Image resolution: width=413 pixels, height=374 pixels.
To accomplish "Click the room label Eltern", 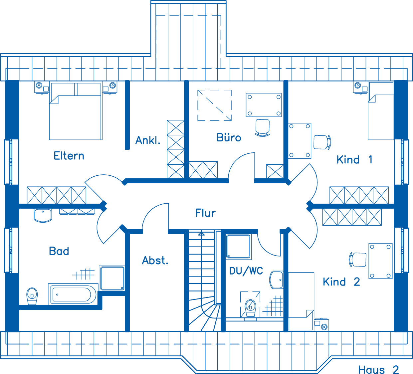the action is click(x=69, y=156).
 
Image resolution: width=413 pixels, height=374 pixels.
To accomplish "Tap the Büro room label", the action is click(x=229, y=137).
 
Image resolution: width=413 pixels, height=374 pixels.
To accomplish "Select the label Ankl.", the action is click(x=148, y=140).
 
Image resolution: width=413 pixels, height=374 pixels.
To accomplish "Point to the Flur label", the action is click(x=205, y=213).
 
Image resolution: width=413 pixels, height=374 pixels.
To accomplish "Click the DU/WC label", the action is click(x=246, y=271).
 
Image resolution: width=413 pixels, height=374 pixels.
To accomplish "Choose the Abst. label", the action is click(x=155, y=260).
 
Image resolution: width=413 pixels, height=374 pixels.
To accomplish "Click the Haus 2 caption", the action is click(x=378, y=369).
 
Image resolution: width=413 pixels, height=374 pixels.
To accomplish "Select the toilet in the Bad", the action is click(x=32, y=296).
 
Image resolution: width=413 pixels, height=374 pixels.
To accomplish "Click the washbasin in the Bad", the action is click(x=43, y=215).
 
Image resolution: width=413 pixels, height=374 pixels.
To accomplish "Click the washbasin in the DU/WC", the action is click(x=277, y=280).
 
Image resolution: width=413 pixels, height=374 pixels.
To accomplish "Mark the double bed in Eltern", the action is click(x=76, y=111).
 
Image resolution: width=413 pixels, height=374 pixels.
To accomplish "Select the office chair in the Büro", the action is click(x=263, y=128).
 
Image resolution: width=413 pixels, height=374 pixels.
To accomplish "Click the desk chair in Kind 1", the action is click(x=322, y=142).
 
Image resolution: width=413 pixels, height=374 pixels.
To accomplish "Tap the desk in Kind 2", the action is click(x=380, y=261).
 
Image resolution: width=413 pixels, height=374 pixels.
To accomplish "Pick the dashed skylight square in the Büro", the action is click(x=215, y=105).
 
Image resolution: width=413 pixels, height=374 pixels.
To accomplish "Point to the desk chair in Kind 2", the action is click(x=357, y=260).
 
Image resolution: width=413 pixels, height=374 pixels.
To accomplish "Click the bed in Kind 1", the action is click(x=381, y=111).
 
